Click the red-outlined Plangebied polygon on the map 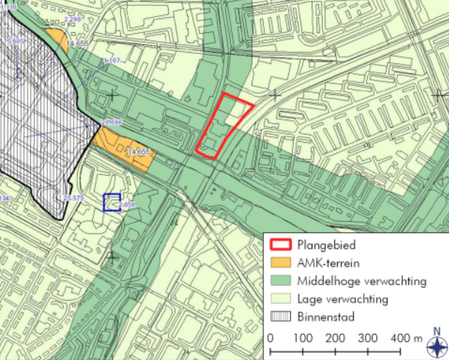click(x=223, y=126)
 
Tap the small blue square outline click(x=112, y=201)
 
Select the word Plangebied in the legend click(x=326, y=244)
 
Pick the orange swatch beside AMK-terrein click(x=280, y=263)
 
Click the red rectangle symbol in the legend click(x=280, y=245)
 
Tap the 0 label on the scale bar click(x=270, y=338)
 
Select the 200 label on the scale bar click(x=335, y=338)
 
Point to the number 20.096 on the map click(x=110, y=121)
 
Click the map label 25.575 click(x=74, y=198)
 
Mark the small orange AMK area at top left click(x=55, y=38)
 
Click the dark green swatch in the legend click(x=280, y=281)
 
